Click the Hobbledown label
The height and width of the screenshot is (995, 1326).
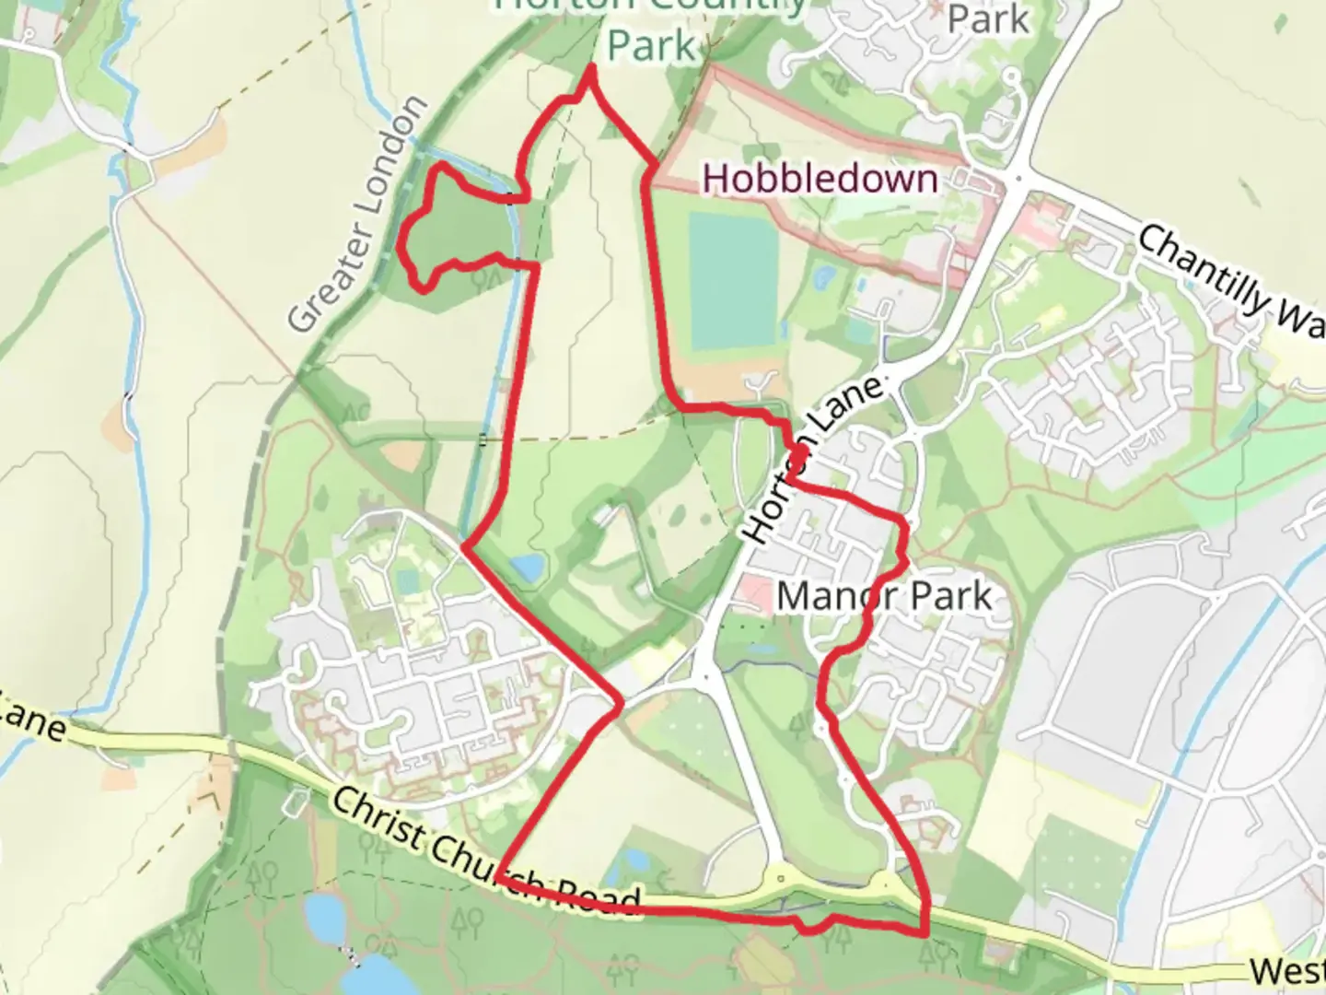820,179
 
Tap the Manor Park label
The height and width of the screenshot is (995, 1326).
884,596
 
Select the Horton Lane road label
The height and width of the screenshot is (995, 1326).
810,461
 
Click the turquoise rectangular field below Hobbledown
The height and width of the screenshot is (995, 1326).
733,280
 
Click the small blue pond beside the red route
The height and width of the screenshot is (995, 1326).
527,567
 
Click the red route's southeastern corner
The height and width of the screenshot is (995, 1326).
925,932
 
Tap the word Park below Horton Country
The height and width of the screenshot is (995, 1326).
651,44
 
